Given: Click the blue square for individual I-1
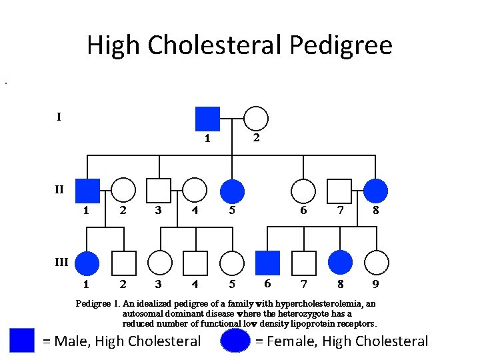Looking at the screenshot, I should [207, 119].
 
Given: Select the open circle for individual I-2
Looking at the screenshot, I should [256, 119].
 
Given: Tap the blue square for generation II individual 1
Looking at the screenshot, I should [87, 191].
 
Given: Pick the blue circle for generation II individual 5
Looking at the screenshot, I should [231, 191].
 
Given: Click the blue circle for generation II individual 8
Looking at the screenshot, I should [376, 191].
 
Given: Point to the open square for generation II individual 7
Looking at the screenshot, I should [340, 191].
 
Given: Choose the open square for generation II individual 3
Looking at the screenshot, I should [159, 191].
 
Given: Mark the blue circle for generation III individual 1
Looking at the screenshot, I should [87, 263].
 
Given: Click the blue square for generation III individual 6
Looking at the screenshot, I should [268, 263].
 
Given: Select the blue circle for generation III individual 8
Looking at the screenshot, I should [340, 263].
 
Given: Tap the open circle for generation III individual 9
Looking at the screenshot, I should [376, 263].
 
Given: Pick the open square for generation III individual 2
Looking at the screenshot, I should [123, 263].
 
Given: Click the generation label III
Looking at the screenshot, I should [61, 262].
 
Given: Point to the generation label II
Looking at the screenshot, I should [59, 189].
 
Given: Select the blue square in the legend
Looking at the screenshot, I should [22, 341].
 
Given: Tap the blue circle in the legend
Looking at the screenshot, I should [235, 341].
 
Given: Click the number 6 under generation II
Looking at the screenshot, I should [303, 211].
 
